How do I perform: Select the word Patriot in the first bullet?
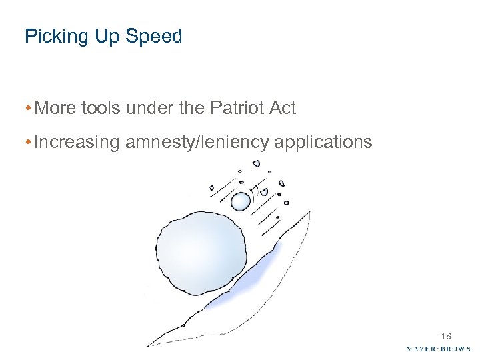tap(233, 108)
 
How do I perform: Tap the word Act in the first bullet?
tap(281, 108)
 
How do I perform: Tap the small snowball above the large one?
tap(240, 201)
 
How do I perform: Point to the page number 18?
tap(445, 336)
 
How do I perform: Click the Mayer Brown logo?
tap(439, 349)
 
